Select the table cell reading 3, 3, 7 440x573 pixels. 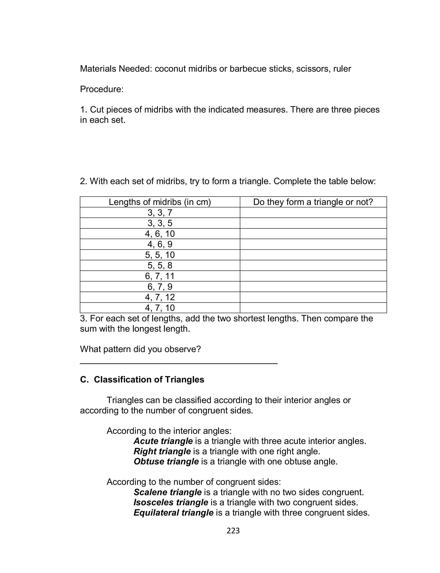coord(160,213)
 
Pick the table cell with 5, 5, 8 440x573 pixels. coord(160,266)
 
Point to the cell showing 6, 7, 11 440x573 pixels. coord(160,276)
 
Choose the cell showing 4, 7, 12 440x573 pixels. coord(160,297)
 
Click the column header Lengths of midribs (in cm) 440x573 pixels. coord(160,202)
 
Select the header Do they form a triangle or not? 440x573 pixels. coord(313,202)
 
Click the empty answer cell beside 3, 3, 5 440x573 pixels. coord(313,223)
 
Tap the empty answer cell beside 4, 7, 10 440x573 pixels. coord(313,308)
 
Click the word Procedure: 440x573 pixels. coord(102,89)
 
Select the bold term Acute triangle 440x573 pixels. coord(163,441)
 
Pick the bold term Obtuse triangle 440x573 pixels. coord(166,462)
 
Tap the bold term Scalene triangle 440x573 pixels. coord(168,492)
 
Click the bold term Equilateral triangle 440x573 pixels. coord(173,512)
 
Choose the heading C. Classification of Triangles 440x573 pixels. coord(142,380)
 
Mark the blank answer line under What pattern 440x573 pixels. coord(179,363)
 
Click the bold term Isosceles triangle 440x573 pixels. coord(171,502)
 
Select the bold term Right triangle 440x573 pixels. coord(162,451)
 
